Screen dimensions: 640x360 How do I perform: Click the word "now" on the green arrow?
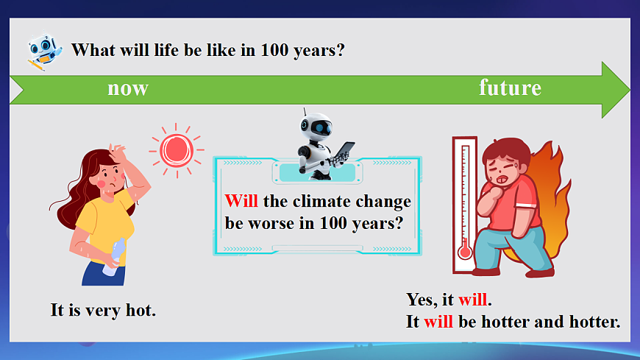[128, 88]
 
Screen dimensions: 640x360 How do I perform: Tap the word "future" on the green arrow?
[510, 88]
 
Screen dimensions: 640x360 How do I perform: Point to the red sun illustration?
[177, 150]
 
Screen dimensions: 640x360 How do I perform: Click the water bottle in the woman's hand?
[114, 257]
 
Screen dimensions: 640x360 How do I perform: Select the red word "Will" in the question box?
[241, 201]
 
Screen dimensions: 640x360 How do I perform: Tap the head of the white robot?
[316, 127]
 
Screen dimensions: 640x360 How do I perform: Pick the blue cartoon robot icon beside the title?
[45, 51]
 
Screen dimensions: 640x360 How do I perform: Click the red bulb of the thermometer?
[464, 250]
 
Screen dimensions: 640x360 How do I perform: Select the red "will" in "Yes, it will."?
[473, 300]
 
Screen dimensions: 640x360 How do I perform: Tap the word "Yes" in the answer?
[419, 300]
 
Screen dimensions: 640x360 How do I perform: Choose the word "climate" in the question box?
[316, 201]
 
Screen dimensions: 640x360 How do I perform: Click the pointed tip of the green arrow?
[630, 90]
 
